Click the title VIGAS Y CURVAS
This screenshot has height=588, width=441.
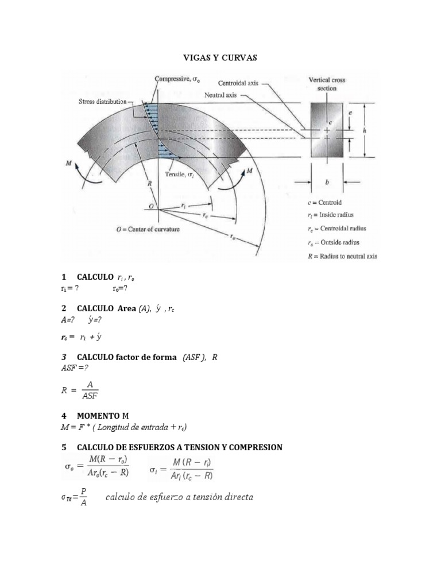(x=220, y=58)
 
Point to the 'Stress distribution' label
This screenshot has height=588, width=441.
(x=102, y=102)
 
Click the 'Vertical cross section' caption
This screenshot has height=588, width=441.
(x=327, y=84)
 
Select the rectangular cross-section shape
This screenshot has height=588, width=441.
(x=327, y=130)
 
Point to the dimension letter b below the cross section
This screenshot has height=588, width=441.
(x=327, y=183)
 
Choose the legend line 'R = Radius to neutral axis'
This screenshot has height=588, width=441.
(x=342, y=256)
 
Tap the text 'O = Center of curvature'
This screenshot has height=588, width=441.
(x=148, y=229)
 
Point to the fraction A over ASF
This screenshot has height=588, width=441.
(x=90, y=390)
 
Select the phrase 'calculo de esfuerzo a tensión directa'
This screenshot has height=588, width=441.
(x=179, y=497)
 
